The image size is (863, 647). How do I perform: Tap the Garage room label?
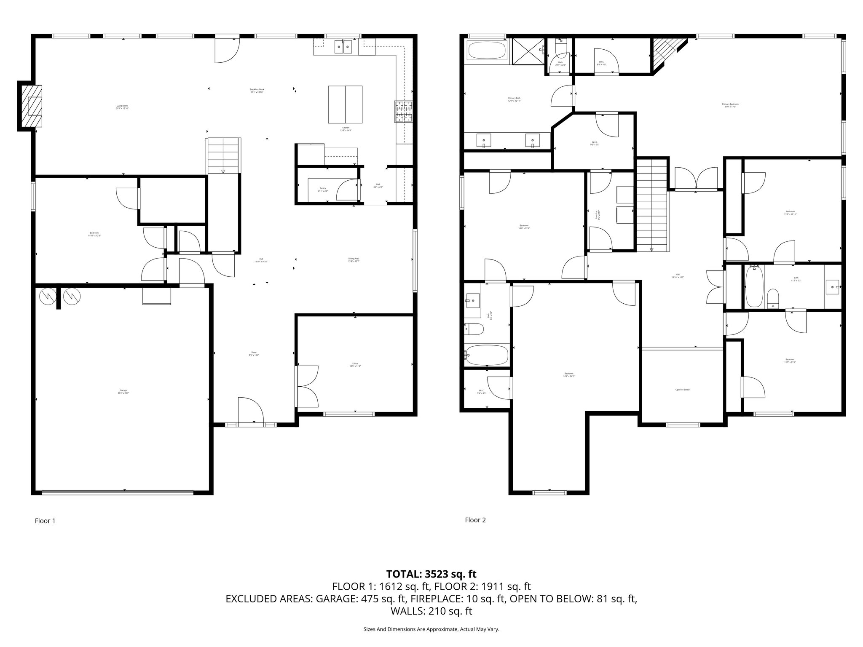[x=123, y=391]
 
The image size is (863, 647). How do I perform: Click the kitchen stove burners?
[x=404, y=112]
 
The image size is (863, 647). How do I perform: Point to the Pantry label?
[x=323, y=190]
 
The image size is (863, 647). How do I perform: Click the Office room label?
[x=355, y=365]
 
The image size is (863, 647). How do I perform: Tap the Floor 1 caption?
[x=45, y=521]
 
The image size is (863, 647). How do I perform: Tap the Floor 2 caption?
[x=475, y=520]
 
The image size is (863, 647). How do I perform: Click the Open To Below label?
[x=682, y=390]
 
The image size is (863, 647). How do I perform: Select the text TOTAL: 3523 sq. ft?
[x=431, y=574]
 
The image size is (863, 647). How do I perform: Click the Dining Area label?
[x=354, y=260]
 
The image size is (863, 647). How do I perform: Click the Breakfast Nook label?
[x=257, y=91]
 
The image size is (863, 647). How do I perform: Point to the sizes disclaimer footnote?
[x=431, y=629]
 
